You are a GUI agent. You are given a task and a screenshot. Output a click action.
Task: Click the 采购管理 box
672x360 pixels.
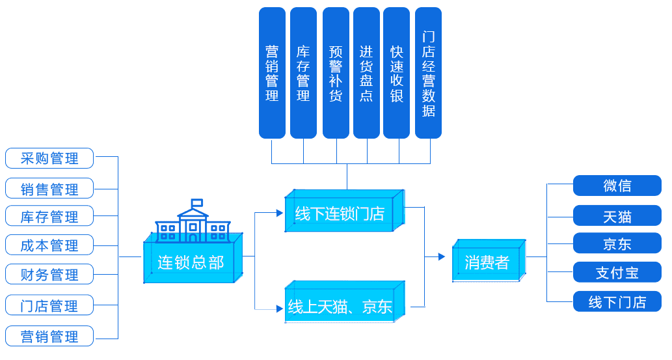[49, 158]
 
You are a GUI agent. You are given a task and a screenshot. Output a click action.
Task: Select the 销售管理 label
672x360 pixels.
[49, 189]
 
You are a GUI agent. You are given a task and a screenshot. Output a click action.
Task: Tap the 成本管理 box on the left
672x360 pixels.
[49, 245]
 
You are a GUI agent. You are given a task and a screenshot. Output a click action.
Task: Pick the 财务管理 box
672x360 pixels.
[49, 274]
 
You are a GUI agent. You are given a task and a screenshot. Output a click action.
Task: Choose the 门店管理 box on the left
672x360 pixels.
[49, 305]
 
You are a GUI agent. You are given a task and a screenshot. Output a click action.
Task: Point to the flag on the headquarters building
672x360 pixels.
[196, 203]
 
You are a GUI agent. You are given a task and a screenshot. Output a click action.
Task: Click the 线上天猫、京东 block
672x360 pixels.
[340, 306]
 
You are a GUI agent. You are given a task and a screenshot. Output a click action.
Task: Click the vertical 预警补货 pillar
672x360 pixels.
[336, 73]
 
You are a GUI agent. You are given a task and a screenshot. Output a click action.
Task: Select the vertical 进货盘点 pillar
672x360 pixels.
[366, 73]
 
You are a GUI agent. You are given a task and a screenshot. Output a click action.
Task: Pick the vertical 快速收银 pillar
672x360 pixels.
[396, 73]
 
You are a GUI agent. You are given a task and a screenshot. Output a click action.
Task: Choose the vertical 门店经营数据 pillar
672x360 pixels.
[428, 73]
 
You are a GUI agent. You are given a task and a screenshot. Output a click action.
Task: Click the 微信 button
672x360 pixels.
[617, 186]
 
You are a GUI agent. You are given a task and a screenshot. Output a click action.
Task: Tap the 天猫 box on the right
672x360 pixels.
[617, 215]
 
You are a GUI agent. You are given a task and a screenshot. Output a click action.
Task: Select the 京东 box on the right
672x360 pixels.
[617, 243]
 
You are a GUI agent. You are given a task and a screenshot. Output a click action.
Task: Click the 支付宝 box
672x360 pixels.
[617, 272]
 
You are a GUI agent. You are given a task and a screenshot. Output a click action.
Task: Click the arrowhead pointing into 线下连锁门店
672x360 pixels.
[279, 212]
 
